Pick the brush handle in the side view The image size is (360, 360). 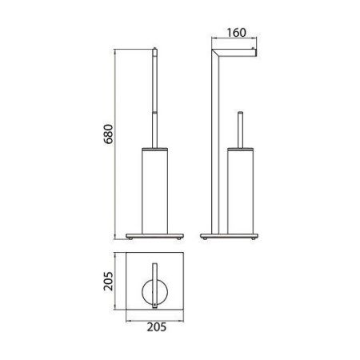click(240, 128)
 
